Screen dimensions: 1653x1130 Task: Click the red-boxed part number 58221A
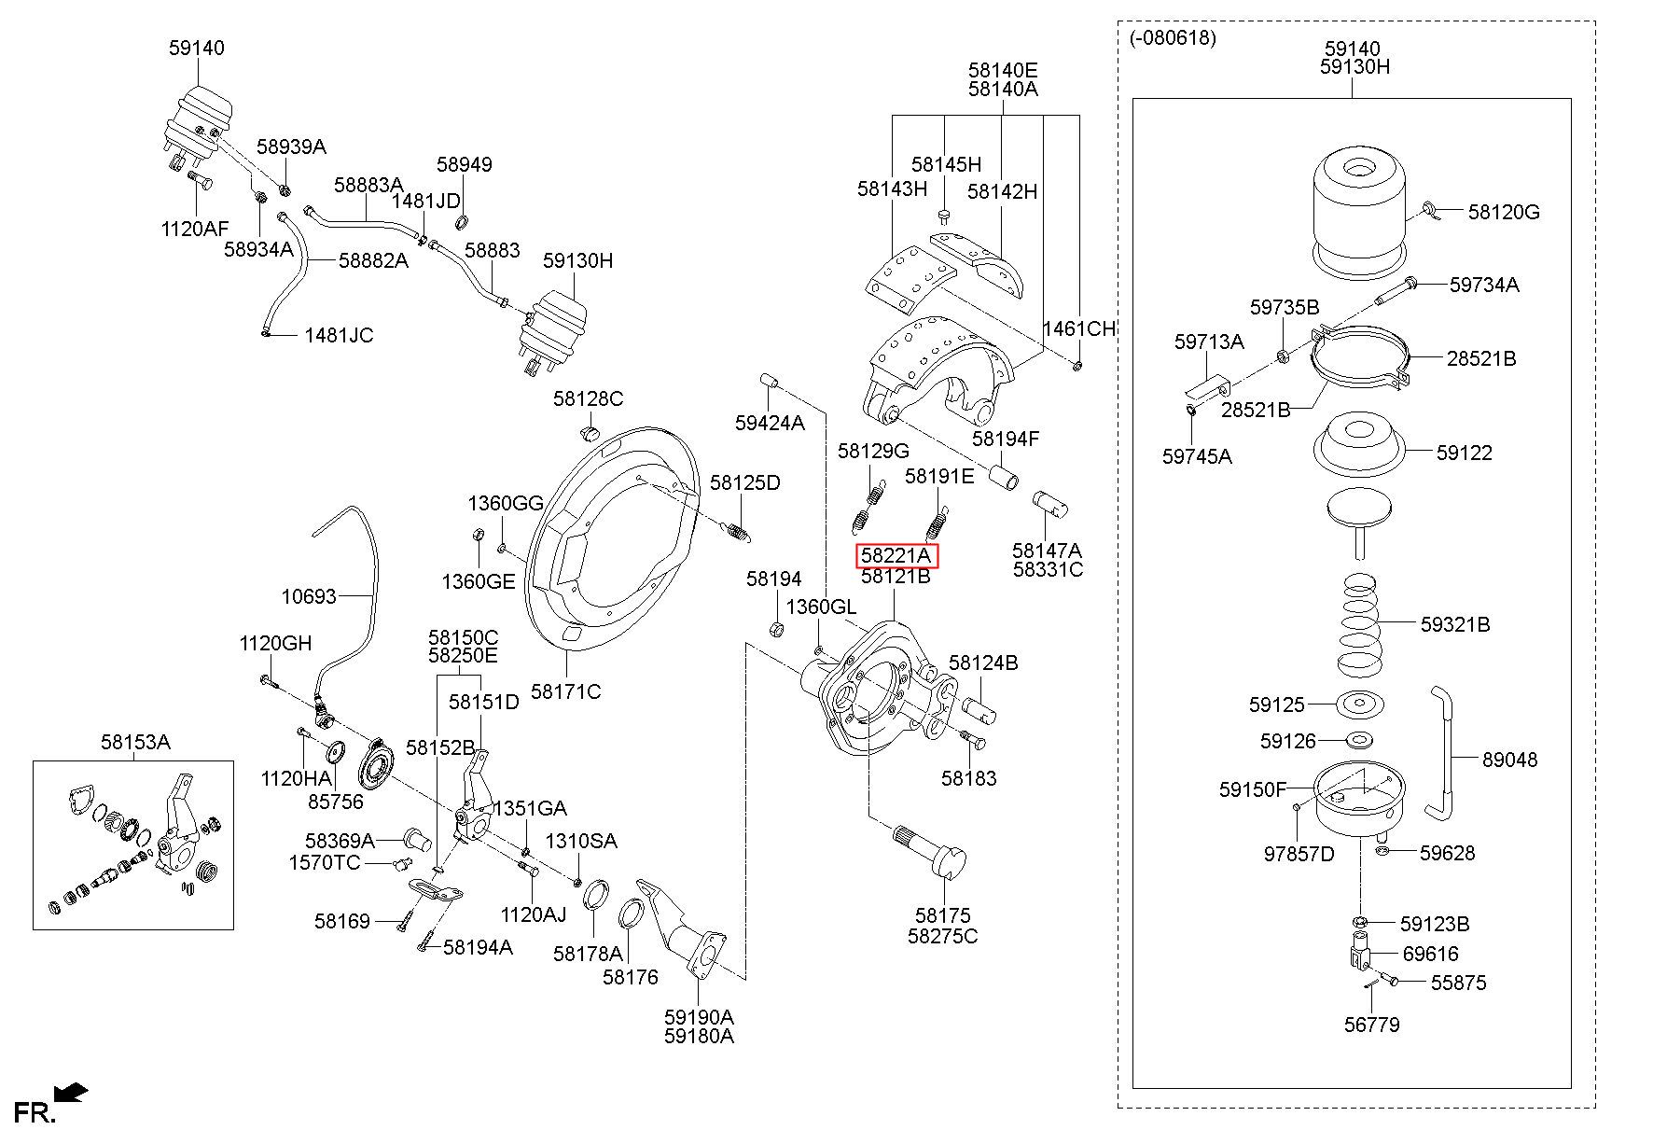[897, 556]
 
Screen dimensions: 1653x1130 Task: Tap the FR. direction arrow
[71, 1091]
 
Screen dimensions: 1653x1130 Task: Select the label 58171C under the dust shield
[565, 691]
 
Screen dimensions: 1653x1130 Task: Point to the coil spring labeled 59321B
[1361, 623]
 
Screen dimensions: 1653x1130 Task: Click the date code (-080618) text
[1173, 38]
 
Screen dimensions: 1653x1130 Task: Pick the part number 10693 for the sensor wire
[309, 595]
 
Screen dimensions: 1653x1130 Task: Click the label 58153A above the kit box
[135, 742]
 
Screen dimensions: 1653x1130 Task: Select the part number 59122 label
[1465, 453]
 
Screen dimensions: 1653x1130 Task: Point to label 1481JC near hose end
[339, 335]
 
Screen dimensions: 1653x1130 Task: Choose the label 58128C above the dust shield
[588, 399]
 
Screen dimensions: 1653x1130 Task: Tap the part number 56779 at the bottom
[1372, 1025]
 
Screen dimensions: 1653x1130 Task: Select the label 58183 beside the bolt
[968, 777]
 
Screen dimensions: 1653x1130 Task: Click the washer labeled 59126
[1360, 741]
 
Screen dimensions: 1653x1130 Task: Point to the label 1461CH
[1078, 328]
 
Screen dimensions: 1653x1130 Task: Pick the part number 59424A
[770, 423]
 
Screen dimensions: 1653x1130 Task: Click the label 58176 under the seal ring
[631, 977]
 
